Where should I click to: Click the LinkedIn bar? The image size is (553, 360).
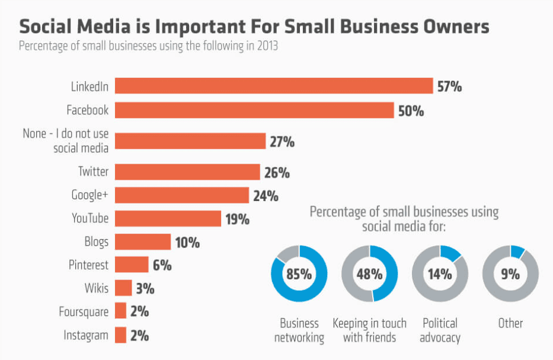point(273,86)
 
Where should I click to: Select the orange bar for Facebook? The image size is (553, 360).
point(254,110)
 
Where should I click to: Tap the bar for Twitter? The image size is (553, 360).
point(187,172)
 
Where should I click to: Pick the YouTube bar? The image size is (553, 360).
point(168,218)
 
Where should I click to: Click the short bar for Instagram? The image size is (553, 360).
point(120,335)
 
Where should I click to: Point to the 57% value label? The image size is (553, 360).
point(449,87)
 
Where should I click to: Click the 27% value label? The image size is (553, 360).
point(282,142)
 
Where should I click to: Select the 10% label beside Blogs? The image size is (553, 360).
point(187,243)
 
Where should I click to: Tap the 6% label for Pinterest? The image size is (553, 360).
point(162,265)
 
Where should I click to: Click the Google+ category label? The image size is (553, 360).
point(90,195)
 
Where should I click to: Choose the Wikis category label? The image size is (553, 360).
point(96,288)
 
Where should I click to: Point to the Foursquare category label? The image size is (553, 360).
point(84,311)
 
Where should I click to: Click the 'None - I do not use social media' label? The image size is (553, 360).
point(66,141)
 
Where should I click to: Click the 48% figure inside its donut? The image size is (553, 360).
point(370,274)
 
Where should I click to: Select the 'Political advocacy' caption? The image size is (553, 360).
point(440,330)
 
